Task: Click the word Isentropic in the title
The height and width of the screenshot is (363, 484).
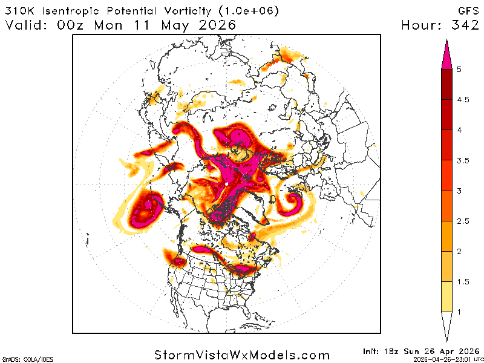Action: click(74, 10)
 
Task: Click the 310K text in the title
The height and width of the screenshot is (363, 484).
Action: click(22, 10)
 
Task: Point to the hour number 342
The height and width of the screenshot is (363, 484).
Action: click(464, 25)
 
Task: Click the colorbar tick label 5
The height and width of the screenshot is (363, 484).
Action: click(459, 70)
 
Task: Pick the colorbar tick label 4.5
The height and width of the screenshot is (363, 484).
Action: click(463, 100)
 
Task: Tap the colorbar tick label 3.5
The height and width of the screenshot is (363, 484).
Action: click(463, 160)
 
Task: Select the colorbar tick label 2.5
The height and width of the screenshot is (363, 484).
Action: click(463, 221)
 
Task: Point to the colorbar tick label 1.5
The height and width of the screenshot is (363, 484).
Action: click(463, 281)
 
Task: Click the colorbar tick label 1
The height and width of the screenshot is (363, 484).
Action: click(459, 312)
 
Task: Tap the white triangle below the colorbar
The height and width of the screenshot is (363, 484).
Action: click(448, 327)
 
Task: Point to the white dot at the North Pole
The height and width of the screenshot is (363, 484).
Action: click(226, 183)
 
